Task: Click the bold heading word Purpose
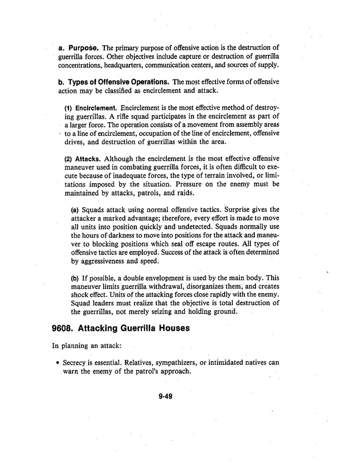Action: (83, 48)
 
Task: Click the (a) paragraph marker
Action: (75, 209)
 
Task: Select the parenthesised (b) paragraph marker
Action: (75, 278)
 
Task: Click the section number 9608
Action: (62, 329)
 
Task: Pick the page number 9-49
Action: (165, 396)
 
